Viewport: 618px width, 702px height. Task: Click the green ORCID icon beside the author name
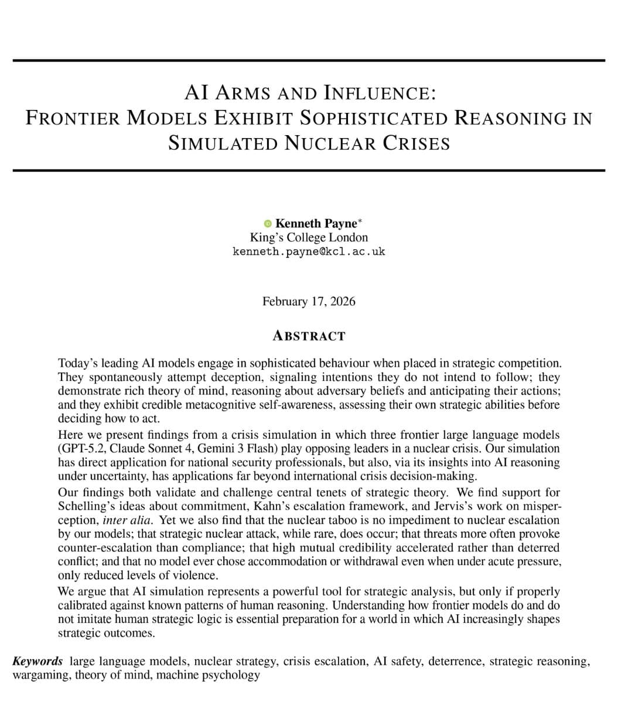coord(268,223)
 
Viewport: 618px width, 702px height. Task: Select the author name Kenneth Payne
coord(316,223)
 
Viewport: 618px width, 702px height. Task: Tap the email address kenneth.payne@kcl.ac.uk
coord(309,252)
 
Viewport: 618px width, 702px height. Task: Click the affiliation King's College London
coord(309,238)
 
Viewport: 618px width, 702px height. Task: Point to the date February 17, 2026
coord(309,301)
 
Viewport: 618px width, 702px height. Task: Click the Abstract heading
coord(309,336)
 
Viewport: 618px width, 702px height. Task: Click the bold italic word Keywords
coord(37,662)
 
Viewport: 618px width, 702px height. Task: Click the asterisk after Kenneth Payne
coord(360,221)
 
